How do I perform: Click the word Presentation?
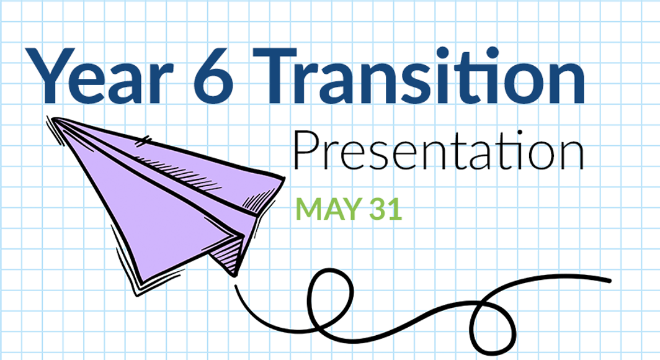pos(438,152)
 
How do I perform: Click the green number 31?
pos(386,209)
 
